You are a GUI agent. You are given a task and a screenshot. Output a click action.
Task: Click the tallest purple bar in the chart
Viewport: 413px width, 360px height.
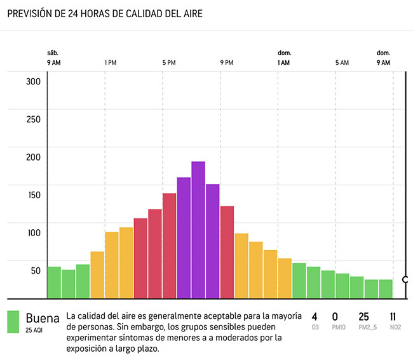[x=198, y=230]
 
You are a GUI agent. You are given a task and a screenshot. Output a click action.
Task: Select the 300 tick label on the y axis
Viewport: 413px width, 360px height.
[x=33, y=81]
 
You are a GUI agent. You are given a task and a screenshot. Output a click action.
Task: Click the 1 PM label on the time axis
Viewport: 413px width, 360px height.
[x=111, y=63]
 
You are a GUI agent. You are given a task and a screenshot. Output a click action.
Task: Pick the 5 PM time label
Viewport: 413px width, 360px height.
[x=168, y=63]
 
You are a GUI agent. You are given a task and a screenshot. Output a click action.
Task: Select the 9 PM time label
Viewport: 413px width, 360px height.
[x=227, y=63]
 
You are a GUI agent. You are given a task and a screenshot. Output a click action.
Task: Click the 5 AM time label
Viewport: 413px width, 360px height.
[x=342, y=63]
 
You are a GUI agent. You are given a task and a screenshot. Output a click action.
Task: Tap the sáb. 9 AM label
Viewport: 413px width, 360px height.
[x=54, y=58]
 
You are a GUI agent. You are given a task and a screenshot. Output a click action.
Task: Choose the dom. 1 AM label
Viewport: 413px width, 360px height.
[x=284, y=58]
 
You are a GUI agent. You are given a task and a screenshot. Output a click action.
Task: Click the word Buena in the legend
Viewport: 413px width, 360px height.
[x=43, y=317]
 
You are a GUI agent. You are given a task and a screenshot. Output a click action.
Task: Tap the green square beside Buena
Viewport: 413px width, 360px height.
[x=13, y=322]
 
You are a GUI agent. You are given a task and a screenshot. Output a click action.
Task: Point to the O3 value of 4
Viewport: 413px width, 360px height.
[x=315, y=317]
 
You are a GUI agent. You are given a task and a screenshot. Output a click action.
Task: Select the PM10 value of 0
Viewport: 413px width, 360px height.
[x=335, y=317]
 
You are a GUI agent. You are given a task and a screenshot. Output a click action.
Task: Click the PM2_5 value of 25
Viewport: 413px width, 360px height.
[x=363, y=317]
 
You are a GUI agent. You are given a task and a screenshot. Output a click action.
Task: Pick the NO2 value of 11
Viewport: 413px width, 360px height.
[x=393, y=317]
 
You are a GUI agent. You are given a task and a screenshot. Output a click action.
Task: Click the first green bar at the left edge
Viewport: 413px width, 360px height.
[x=54, y=283]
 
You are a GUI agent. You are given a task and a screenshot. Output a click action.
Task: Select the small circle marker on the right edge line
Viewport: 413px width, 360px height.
[x=405, y=279]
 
